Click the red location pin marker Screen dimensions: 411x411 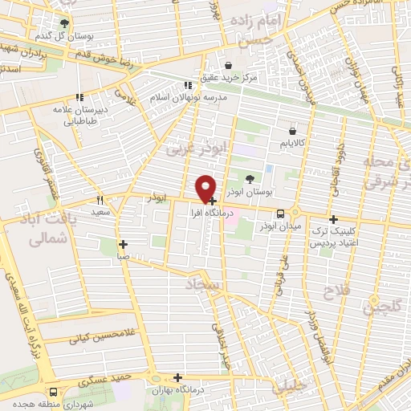tap(206, 188)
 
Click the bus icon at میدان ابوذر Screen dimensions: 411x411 tap(280, 214)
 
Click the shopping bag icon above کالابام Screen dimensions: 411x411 tap(291, 130)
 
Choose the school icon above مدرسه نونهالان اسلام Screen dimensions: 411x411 tap(187, 84)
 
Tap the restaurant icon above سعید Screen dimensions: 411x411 tap(100, 200)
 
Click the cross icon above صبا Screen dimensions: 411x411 tap(123, 245)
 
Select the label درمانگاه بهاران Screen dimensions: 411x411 tap(177, 389)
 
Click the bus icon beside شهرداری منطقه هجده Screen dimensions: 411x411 tap(53, 393)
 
